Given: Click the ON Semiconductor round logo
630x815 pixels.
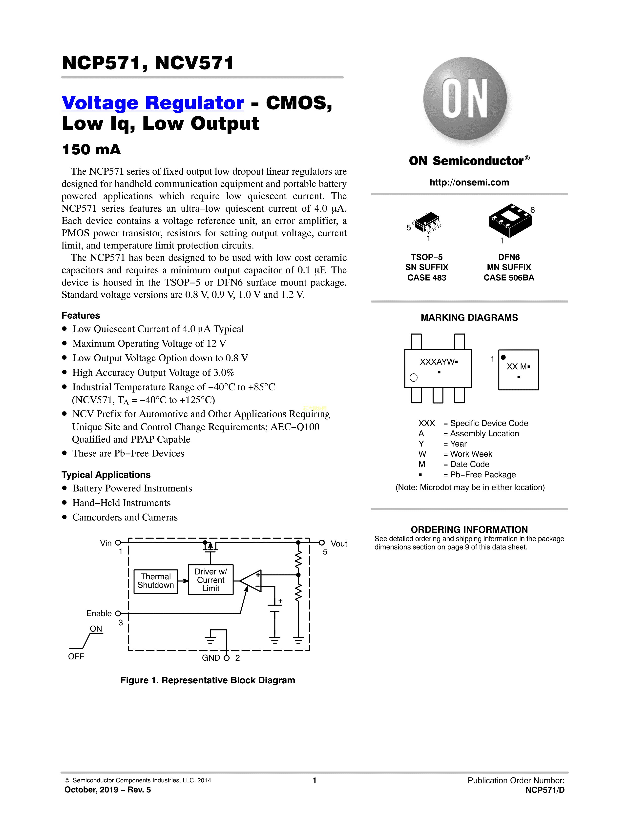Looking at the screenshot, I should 465,99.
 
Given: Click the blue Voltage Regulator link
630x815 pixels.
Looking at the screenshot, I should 153,103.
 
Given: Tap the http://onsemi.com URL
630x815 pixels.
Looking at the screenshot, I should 469,183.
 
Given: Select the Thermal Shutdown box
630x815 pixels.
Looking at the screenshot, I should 156,581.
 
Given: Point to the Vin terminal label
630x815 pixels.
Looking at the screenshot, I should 106,543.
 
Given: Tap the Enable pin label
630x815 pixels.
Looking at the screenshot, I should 99,613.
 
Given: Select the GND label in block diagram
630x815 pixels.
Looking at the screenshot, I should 211,658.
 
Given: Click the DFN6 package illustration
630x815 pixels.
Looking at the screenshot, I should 510,221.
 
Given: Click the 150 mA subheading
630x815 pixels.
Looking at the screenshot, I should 91,150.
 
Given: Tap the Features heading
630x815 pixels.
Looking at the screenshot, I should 81,316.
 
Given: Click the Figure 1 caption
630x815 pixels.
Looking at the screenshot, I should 208,680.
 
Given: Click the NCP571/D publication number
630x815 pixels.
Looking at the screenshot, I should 545,790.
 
